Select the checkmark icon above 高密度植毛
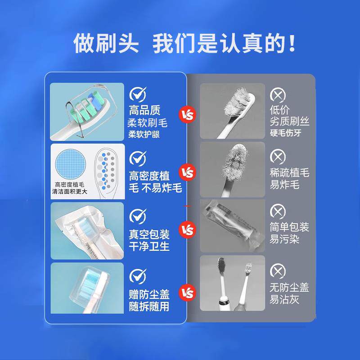(x=138, y=158)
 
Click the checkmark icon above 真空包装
(x=138, y=216)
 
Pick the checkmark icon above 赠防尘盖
(x=138, y=275)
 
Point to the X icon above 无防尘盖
(x=278, y=270)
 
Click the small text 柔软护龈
(x=144, y=135)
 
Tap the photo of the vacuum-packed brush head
(x=87, y=230)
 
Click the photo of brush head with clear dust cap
(x=87, y=288)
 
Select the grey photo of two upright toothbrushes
(x=232, y=283)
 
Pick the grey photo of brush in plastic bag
(x=232, y=225)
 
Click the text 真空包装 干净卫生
(x=149, y=241)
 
